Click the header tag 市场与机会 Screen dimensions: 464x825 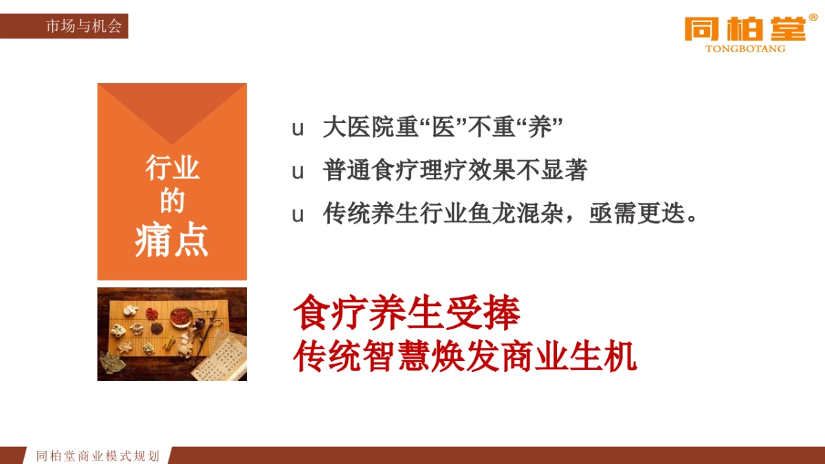click(83, 27)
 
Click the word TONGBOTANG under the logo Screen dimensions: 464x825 click(745, 49)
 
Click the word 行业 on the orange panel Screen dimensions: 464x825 click(172, 168)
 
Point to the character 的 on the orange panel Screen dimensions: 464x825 click(172, 201)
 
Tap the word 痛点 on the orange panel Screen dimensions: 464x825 click(172, 241)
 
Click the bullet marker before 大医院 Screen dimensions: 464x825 click(298, 129)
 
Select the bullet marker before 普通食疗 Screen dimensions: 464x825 click(298, 172)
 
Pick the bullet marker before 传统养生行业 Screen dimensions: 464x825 click(298, 214)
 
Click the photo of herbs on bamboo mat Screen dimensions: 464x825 click(172, 334)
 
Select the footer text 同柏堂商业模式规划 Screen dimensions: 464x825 click(98, 456)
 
